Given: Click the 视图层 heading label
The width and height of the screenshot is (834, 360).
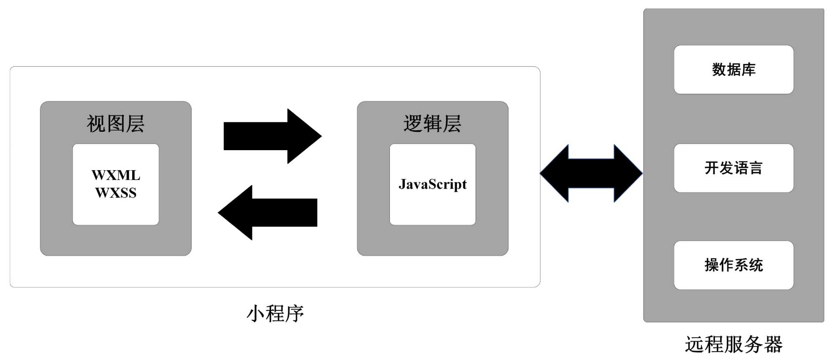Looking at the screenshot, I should coord(116,124).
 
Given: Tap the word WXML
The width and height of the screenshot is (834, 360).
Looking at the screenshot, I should coord(116,175).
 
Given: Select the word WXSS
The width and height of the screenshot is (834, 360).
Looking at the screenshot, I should coord(116,193).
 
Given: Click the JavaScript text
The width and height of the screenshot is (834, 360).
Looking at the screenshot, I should coord(432,184).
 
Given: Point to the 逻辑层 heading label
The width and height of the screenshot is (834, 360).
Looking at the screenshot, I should coord(432,124).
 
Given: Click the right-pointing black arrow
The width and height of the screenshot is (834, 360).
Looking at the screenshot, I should coord(272,136).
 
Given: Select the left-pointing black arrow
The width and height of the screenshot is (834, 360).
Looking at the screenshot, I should coord(268,212).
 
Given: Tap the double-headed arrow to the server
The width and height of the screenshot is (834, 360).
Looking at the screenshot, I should coord(591,173).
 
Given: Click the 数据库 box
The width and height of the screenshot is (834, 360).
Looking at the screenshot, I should coord(734,70).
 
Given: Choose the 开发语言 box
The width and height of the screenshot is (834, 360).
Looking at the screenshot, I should coord(734,168).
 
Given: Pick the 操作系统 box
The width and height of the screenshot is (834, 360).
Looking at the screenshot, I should coord(734,265).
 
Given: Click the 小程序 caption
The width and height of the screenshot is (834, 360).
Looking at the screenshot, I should coord(275,314).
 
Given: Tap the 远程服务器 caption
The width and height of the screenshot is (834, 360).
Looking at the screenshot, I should coord(734,345).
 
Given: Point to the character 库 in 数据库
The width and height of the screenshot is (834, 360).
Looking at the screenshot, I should coord(749,70).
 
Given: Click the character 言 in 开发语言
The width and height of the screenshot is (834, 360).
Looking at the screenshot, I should coord(756,168).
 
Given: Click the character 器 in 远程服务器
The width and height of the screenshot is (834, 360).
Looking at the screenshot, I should coord(773,345).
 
